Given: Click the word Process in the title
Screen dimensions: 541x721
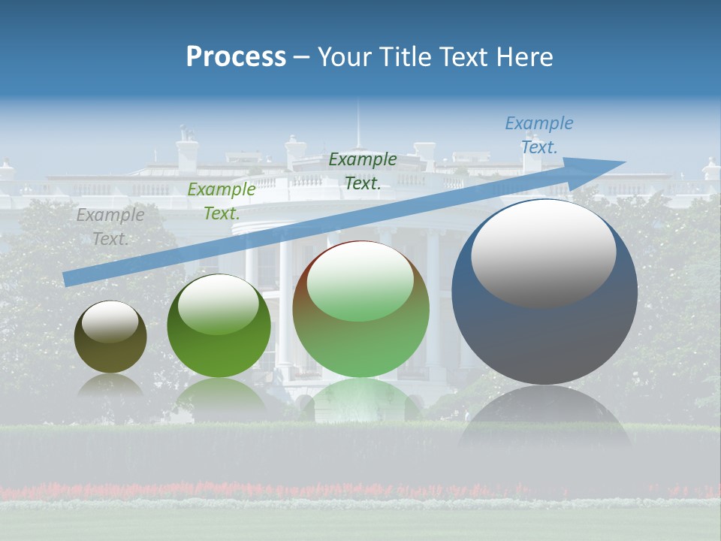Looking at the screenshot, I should click(x=236, y=57).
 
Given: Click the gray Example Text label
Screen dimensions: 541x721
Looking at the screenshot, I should click(x=110, y=227).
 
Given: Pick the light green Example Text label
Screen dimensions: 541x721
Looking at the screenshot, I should click(x=221, y=201).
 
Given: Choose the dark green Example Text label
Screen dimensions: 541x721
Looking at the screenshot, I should click(x=363, y=171).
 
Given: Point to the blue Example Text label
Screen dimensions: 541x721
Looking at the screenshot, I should click(x=538, y=135).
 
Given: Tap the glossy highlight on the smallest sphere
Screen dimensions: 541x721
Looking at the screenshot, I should click(x=110, y=322).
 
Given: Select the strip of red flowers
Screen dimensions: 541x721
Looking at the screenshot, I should click(x=360, y=489).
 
